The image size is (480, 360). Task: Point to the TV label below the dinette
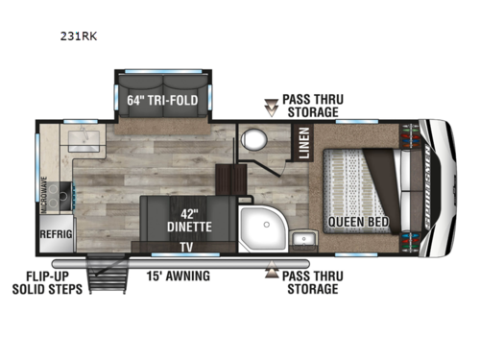tap(185, 246)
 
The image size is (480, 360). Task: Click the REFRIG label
tap(57, 233)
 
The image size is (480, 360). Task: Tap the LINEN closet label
tap(301, 145)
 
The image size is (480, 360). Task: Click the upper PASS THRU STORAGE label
tap(312, 106)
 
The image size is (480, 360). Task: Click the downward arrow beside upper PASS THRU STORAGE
tap(270, 107)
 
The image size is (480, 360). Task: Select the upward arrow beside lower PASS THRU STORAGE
tap(270, 274)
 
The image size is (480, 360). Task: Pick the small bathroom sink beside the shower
tap(303, 238)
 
